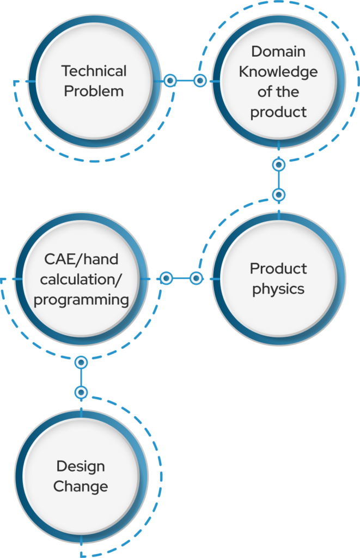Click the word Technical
tap(94, 71)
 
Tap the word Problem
tap(94, 90)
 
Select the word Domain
tap(278, 51)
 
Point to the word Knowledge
tap(278, 71)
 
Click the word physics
tap(278, 289)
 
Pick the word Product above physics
tap(278, 269)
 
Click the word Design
tap(81, 466)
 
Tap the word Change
tap(81, 486)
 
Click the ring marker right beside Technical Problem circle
tap(170, 81)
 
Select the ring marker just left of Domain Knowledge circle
tap(200, 81)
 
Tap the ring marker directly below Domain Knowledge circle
tap(279, 165)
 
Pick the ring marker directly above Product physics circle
tap(279, 194)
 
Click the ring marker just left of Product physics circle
tap(196, 278)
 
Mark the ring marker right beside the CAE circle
tap(167, 278)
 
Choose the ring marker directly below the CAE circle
tap(81, 362)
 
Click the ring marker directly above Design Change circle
tap(81, 392)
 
